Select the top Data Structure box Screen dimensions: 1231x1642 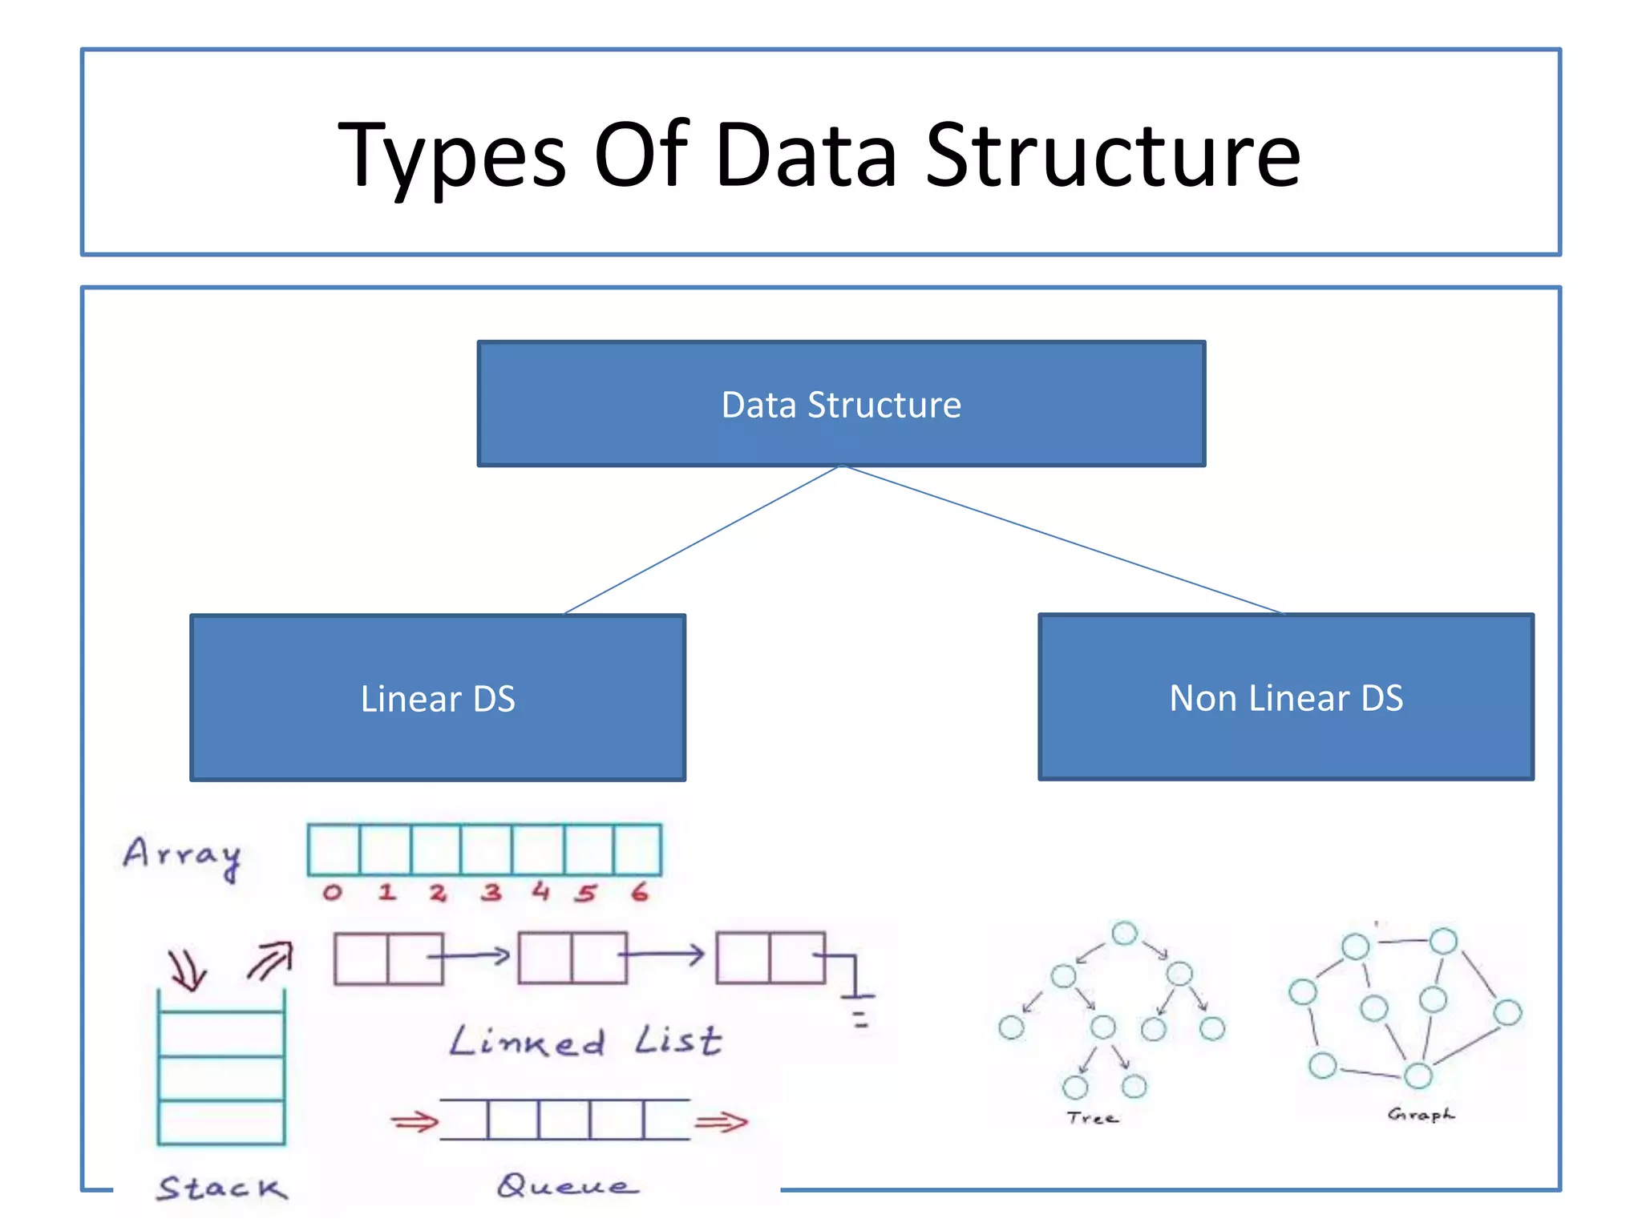pyautogui.click(x=841, y=404)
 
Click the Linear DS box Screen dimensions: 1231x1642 pyautogui.click(x=438, y=698)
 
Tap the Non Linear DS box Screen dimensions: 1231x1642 pyautogui.click(x=1285, y=697)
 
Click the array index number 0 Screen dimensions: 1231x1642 pyautogui.click(x=333, y=892)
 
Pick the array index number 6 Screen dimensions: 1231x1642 pyautogui.click(x=639, y=891)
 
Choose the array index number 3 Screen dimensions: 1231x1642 pyautogui.click(x=491, y=892)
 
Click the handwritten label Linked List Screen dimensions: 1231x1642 pyautogui.click(x=585, y=1041)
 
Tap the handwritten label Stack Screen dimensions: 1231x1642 pyautogui.click(x=222, y=1188)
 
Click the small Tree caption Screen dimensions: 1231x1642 pyautogui.click(x=1092, y=1117)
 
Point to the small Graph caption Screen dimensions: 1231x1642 pyautogui.click(x=1420, y=1114)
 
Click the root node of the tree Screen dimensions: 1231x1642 pyautogui.click(x=1125, y=933)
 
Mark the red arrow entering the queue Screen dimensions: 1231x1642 pyautogui.click(x=415, y=1121)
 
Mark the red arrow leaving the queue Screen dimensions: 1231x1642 pyautogui.click(x=721, y=1121)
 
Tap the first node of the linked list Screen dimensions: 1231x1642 pyautogui.click(x=389, y=958)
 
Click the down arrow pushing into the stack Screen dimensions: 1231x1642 pyautogui.click(x=187, y=971)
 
